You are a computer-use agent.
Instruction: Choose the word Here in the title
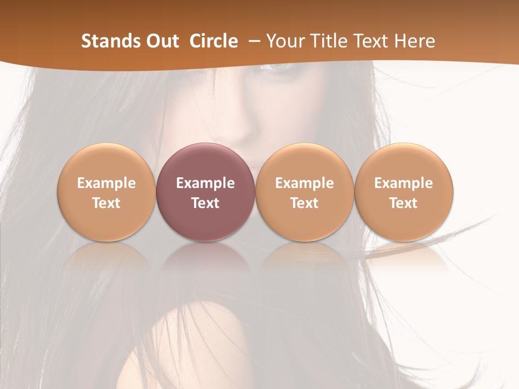point(415,41)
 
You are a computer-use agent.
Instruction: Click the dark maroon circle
point(205,192)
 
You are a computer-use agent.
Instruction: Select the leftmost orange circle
point(107,192)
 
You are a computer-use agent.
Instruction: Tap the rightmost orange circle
point(404,192)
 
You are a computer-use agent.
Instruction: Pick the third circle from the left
point(304,192)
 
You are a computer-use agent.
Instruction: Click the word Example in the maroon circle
point(205,183)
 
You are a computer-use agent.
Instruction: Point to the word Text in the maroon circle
point(205,203)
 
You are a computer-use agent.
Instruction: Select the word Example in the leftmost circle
point(107,183)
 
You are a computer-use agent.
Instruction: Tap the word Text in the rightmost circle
point(404,203)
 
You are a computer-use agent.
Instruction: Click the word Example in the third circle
point(304,183)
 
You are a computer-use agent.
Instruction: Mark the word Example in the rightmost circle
point(404,183)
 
